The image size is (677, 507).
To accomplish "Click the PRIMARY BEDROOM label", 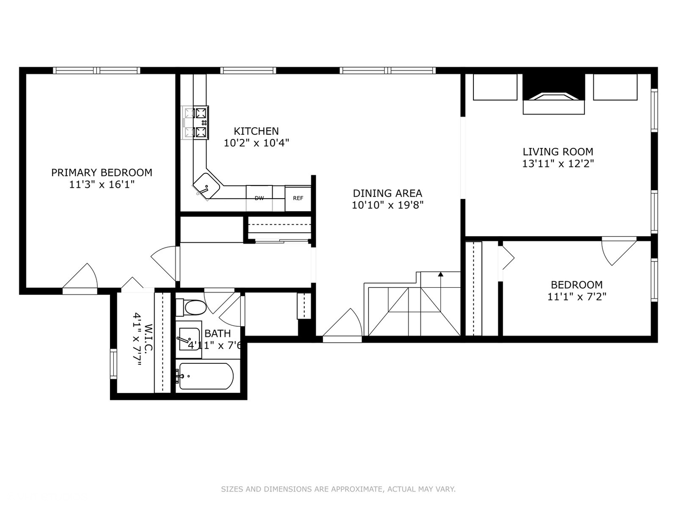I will [x=102, y=173].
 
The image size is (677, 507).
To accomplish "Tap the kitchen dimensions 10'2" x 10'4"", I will [x=256, y=143].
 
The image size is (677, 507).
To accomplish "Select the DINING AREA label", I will [x=387, y=193].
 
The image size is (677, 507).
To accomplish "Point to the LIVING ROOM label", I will [x=558, y=152].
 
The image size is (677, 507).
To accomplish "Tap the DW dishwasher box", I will [x=259, y=198].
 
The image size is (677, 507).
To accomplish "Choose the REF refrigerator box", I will [x=298, y=198].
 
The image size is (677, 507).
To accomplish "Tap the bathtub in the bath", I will [x=205, y=376].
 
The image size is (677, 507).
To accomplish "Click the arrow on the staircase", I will [x=441, y=275].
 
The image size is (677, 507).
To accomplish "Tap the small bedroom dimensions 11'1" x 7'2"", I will [x=576, y=297].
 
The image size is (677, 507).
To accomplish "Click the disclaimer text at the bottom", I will [x=338, y=489].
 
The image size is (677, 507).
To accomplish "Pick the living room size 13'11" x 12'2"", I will [x=558, y=164].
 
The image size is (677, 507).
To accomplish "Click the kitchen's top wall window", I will [x=248, y=70].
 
